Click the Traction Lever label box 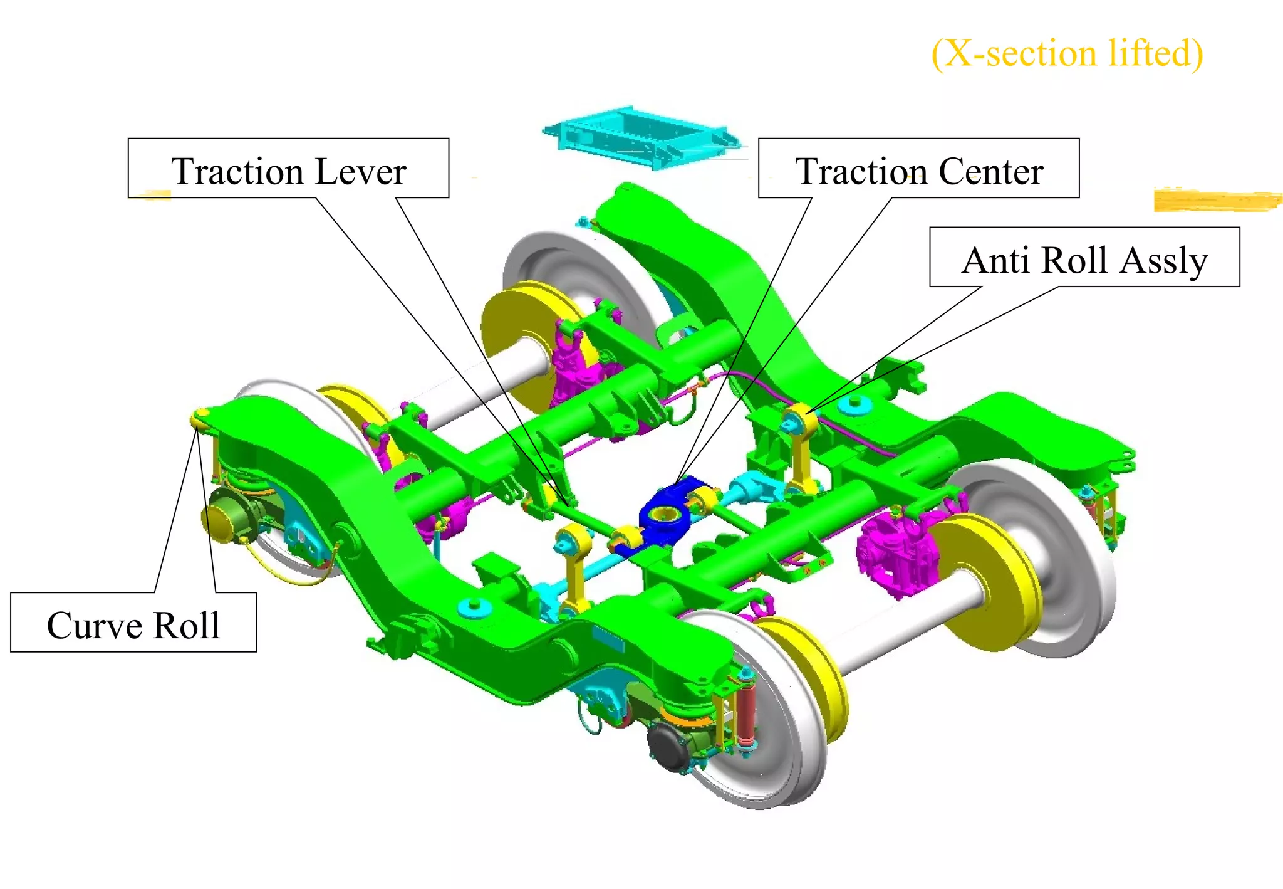(288, 168)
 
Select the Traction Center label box (918, 168)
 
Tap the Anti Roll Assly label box (1084, 257)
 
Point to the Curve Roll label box (133, 622)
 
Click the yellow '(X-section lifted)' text (1067, 53)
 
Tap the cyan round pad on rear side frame (855, 404)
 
